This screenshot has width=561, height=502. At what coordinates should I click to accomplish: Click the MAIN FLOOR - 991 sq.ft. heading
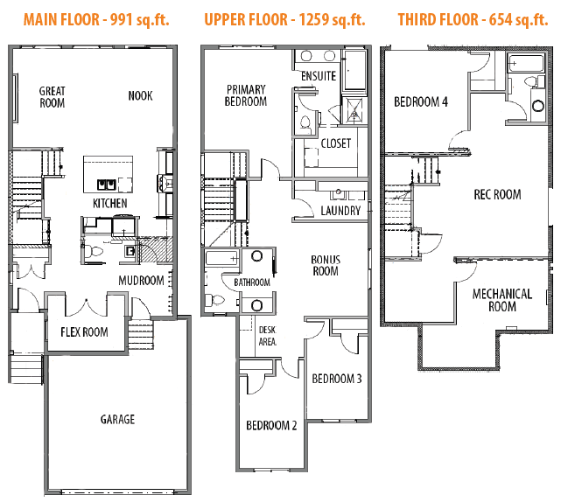point(96,20)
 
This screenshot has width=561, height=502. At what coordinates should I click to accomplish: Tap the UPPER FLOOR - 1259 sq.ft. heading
point(284,20)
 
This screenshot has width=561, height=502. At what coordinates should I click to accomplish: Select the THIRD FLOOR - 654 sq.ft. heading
point(473,20)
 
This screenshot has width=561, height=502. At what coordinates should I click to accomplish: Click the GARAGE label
point(117,419)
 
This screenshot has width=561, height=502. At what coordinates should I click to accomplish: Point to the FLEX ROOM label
point(84,332)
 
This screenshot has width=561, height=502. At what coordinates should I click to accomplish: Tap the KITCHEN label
point(110,204)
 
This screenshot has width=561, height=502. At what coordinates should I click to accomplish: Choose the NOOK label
point(140,96)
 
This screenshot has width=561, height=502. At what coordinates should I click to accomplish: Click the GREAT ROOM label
point(53,97)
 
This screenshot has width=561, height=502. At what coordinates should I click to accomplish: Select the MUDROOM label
point(141,281)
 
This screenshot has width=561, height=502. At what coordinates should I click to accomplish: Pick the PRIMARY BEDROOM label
point(246,95)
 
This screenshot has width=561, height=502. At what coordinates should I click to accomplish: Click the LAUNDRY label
point(340,211)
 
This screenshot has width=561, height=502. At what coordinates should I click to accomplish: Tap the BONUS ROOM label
point(326,266)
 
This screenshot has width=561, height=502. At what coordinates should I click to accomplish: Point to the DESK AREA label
point(268,336)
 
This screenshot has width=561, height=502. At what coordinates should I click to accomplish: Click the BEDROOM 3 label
point(337,379)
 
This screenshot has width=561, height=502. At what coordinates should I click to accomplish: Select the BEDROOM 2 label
point(271,426)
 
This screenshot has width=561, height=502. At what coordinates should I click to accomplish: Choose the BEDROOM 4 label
point(421,102)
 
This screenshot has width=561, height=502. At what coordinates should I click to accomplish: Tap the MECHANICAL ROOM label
point(502,300)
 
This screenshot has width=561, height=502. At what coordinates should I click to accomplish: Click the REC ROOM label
point(497,195)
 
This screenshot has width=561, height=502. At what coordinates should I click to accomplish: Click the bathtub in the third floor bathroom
point(526,63)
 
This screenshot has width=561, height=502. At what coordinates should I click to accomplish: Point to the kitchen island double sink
point(107,185)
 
